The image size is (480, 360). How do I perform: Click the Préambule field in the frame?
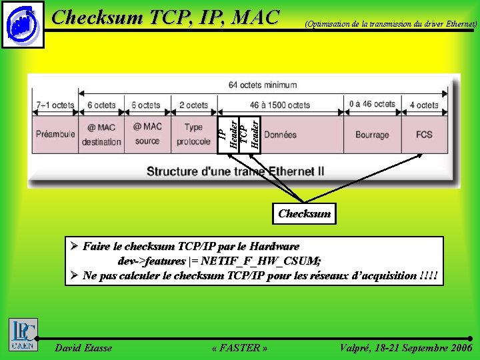[55, 134]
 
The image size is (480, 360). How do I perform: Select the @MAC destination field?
[101, 134]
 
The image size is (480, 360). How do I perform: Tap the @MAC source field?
[147, 134]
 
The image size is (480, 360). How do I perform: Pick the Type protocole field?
[193, 134]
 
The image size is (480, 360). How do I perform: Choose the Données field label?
[280, 135]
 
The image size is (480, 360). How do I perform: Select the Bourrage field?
[372, 135]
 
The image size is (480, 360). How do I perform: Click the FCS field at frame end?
[424, 134]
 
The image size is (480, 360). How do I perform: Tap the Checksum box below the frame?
[304, 213]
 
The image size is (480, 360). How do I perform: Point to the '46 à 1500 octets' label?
[280, 105]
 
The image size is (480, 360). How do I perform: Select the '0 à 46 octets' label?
[372, 105]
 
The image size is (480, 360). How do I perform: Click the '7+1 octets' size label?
[55, 105]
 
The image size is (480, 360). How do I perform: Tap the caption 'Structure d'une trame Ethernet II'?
[235, 171]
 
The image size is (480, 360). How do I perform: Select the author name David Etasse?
[83, 347]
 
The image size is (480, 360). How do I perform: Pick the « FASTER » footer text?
[239, 347]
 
